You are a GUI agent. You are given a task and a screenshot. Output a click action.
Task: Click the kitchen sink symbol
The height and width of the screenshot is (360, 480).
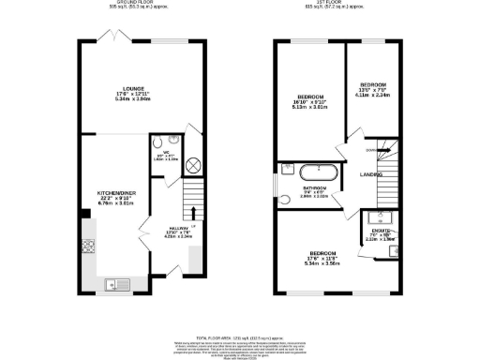[x=120, y=280]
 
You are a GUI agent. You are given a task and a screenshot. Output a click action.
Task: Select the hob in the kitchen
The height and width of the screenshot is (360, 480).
[x=90, y=249]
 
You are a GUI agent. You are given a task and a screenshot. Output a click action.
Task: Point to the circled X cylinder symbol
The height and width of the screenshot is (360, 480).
[x=170, y=165]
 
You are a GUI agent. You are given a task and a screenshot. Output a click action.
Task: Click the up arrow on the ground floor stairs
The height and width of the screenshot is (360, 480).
[x=193, y=212]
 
